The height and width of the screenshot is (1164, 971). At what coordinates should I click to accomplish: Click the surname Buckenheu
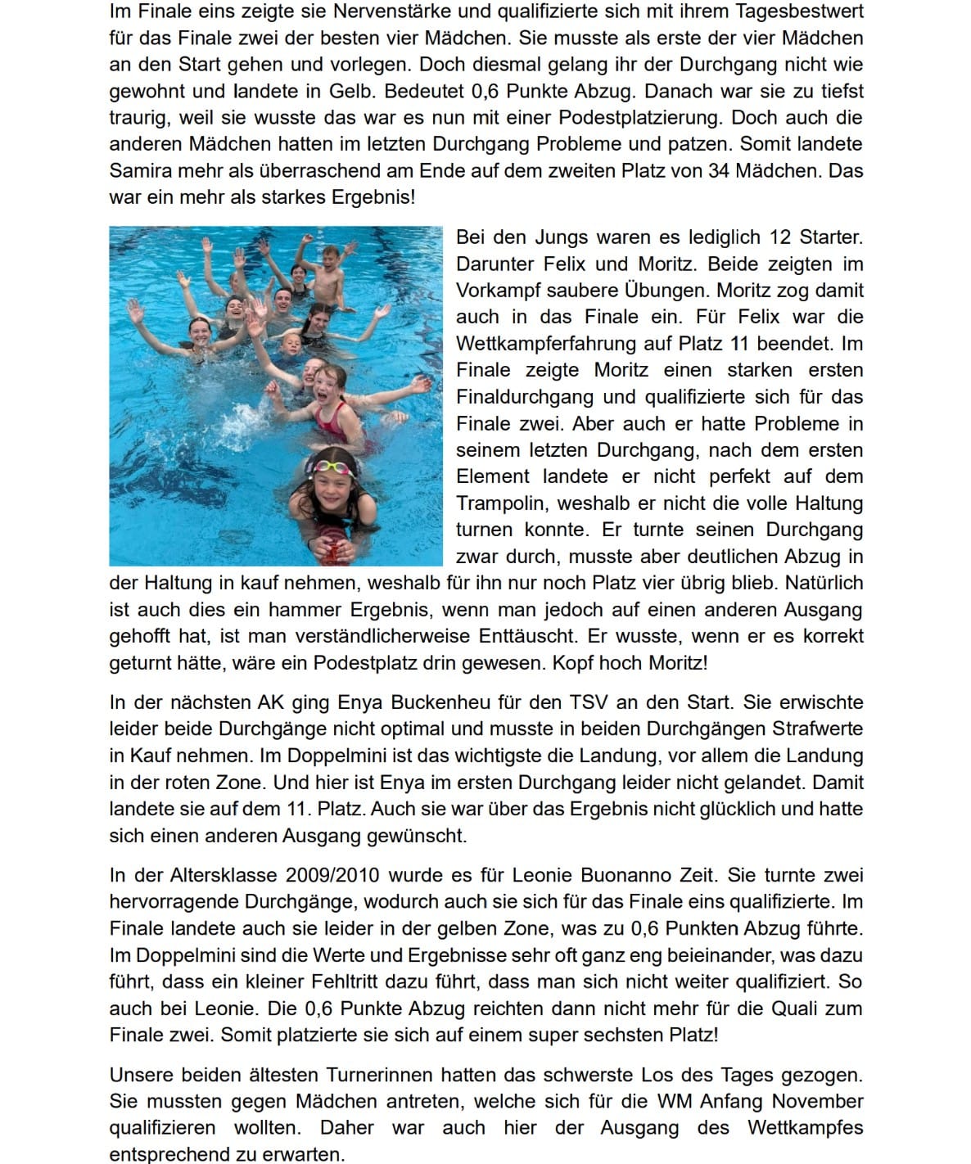[x=398, y=702]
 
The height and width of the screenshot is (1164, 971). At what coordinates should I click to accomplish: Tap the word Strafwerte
[x=816, y=729]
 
